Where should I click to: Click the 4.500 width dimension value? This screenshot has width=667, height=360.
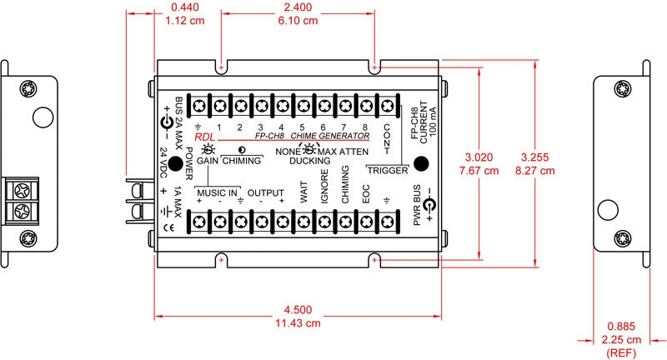[298, 310]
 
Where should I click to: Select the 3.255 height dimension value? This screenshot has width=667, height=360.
[534, 157]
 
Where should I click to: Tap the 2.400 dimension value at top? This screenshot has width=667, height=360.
[298, 7]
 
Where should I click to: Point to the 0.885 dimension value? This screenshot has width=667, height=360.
[621, 327]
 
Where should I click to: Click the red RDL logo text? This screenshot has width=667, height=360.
[204, 137]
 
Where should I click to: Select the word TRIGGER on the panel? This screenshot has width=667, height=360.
[388, 171]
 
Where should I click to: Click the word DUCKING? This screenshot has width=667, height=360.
[309, 161]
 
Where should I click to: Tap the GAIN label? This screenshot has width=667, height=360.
[207, 161]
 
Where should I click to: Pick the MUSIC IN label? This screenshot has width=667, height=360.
[217, 193]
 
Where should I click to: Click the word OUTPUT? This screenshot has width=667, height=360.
[265, 193]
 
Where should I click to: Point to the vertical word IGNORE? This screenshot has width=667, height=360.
[324, 187]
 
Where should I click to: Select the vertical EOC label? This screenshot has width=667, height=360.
[366, 194]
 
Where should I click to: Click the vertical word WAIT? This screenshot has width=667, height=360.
[303, 192]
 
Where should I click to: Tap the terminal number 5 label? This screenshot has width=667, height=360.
[302, 127]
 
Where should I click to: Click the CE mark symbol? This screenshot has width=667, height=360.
[168, 227]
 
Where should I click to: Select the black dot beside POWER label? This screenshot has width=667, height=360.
[175, 163]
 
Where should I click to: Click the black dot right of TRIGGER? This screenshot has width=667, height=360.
[421, 163]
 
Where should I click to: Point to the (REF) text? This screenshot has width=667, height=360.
[621, 352]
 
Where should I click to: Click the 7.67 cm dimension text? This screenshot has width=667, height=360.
[479, 171]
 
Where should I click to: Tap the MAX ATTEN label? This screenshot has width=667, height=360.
[343, 152]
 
